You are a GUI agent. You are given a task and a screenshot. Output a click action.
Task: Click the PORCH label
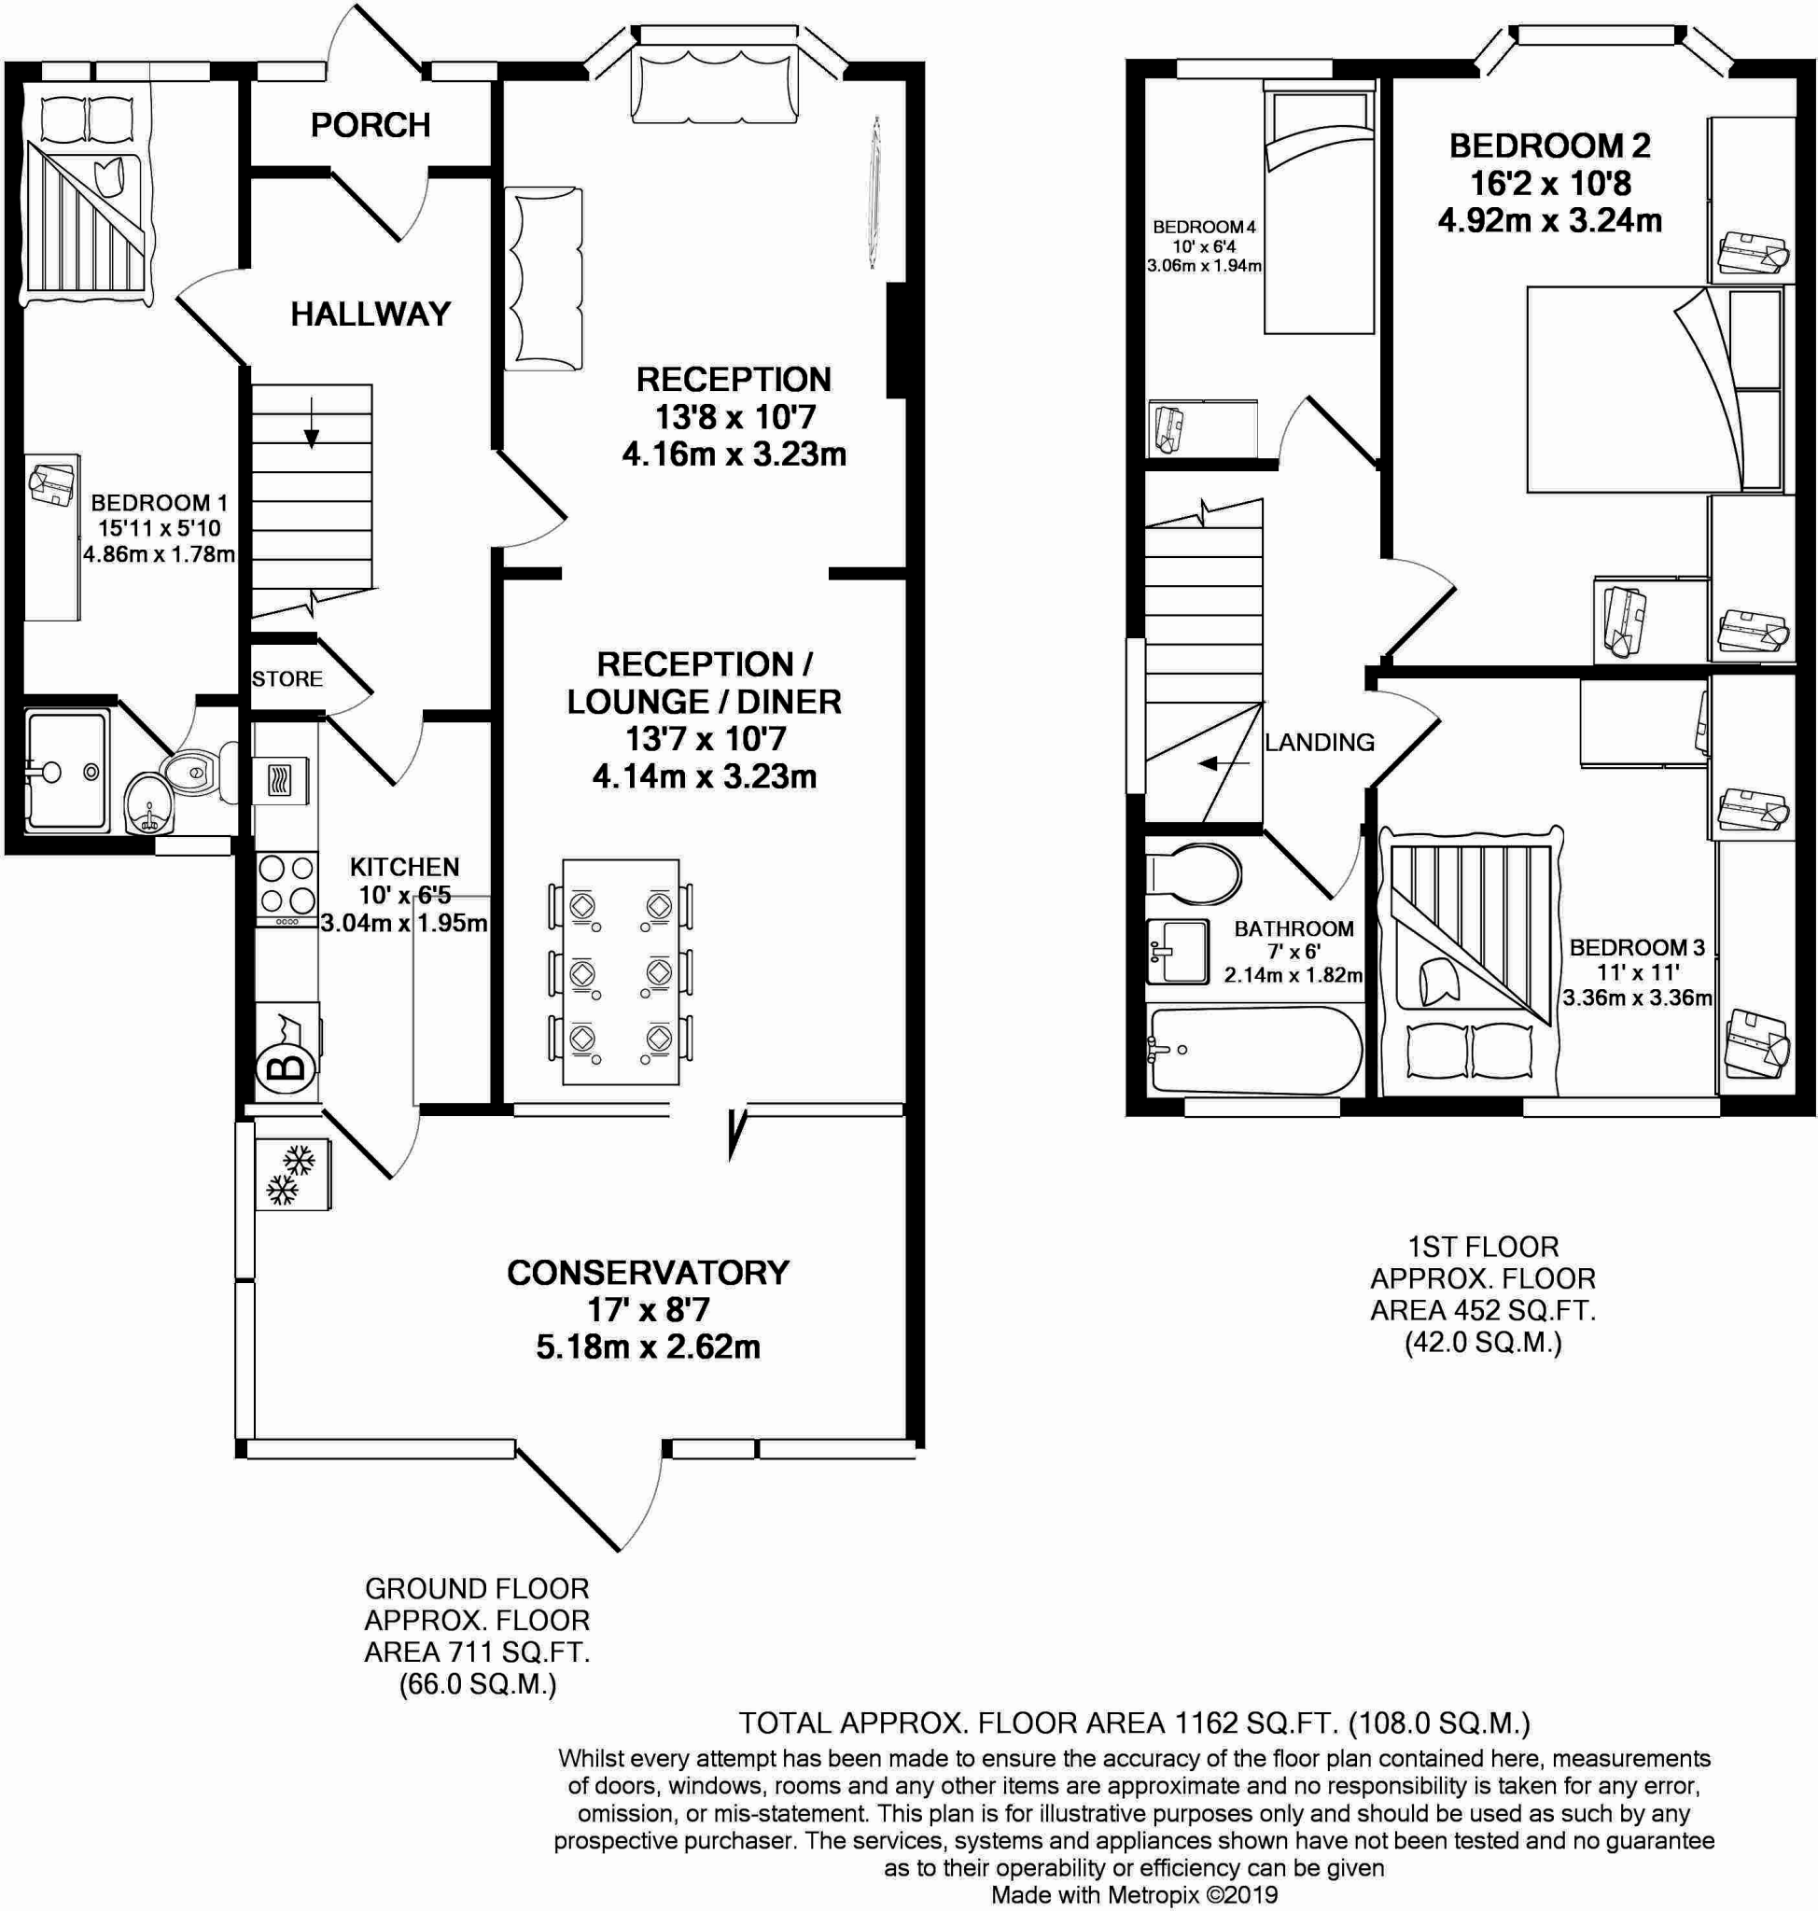(x=371, y=125)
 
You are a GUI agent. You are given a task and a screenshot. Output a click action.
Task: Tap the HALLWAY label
(x=371, y=314)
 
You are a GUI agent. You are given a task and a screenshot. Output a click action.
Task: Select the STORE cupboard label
(x=287, y=678)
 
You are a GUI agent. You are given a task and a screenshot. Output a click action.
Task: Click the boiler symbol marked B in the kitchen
(x=286, y=1067)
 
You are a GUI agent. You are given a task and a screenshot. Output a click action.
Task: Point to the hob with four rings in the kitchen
(x=287, y=884)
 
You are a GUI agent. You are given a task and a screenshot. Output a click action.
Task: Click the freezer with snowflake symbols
(x=293, y=1175)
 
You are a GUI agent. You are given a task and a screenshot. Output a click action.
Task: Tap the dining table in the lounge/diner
(x=621, y=971)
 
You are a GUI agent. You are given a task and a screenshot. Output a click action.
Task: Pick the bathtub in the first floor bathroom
(x=1254, y=1051)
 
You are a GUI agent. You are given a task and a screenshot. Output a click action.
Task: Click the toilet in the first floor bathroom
(x=1194, y=873)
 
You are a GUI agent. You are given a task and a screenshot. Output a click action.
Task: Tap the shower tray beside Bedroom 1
(x=66, y=772)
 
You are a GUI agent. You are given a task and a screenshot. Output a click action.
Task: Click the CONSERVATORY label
(x=648, y=1273)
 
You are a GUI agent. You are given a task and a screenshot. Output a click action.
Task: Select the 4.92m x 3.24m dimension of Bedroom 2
(x=1548, y=221)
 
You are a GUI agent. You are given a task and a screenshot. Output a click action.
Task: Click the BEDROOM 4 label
(x=1204, y=227)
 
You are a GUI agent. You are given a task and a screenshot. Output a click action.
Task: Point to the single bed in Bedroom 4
(x=1319, y=208)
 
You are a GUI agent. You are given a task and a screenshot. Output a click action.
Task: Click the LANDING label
(x=1319, y=743)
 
